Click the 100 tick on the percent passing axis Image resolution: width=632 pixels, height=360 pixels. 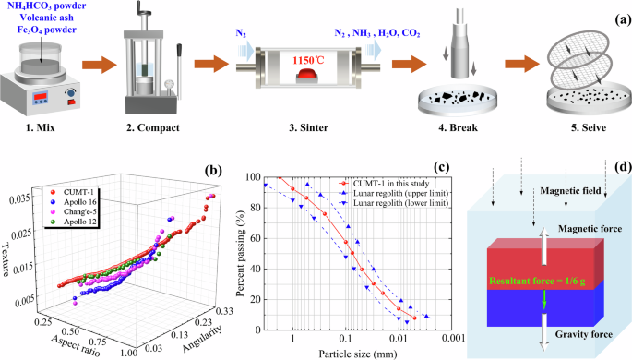click(x=268, y=176)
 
